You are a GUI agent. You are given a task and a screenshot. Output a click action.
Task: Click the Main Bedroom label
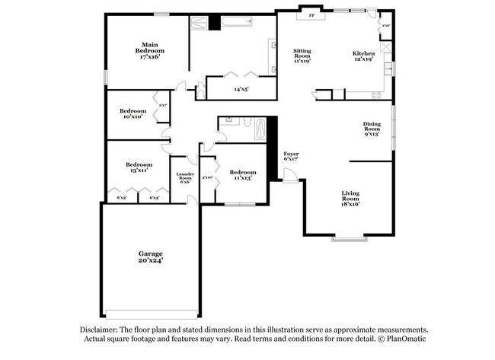[149, 47]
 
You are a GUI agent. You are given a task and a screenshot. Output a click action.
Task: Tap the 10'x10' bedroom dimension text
[134, 116]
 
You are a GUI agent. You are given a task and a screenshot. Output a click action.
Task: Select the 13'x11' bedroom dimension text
[138, 170]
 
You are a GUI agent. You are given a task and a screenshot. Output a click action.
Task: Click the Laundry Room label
[185, 177]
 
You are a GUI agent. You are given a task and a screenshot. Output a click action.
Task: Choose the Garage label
[150, 253]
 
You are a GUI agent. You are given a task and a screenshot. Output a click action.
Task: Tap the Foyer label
[291, 154]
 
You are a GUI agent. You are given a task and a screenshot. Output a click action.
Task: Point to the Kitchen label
[363, 53]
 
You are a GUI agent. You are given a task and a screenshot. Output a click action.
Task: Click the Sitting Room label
[302, 53]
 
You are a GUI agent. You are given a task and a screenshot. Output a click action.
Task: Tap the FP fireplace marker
[311, 15]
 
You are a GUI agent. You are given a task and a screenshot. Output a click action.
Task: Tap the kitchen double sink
[388, 71]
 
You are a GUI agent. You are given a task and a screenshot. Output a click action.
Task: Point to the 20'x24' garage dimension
[150, 260]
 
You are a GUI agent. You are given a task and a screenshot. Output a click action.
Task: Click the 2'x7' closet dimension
[163, 105]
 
